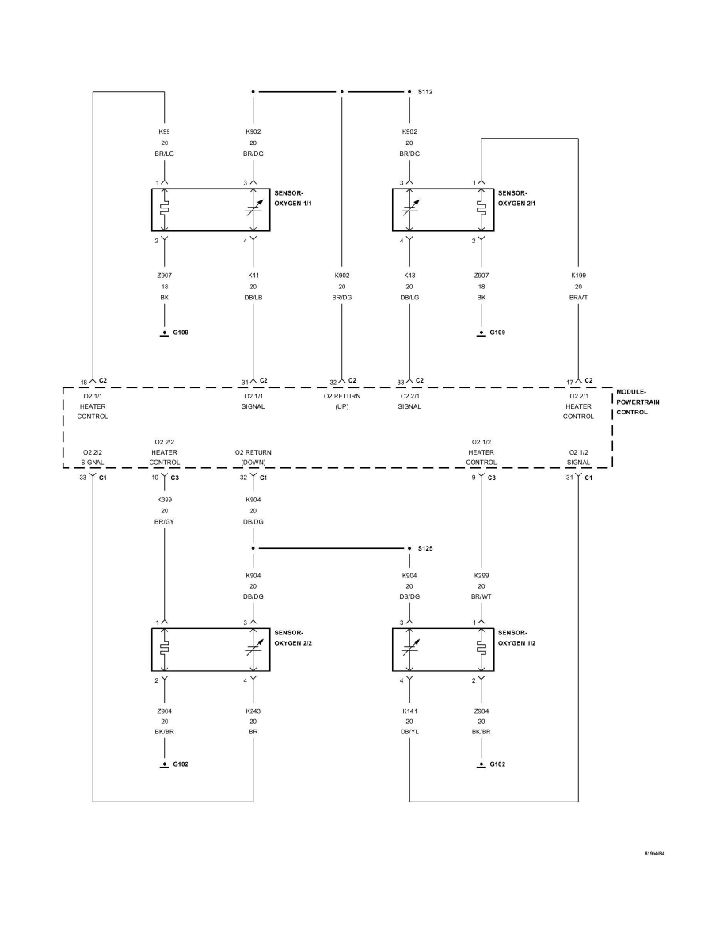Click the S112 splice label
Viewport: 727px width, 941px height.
pos(425,92)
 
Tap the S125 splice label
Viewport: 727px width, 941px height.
pos(425,548)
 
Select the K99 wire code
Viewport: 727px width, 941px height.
pos(165,131)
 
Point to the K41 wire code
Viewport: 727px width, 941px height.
pos(253,276)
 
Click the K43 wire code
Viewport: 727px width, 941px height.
pos(409,276)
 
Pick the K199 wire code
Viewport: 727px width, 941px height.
pos(578,276)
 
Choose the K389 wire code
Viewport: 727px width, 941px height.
pos(165,500)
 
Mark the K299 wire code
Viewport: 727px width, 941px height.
pos(481,576)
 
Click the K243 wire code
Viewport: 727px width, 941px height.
pos(253,711)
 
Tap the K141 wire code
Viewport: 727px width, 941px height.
pos(409,711)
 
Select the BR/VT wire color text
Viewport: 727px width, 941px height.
pos(578,298)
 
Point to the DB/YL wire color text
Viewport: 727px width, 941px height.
pos(409,733)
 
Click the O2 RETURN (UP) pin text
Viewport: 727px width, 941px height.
pos(342,401)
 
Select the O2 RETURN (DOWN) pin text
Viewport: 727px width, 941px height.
pos(253,457)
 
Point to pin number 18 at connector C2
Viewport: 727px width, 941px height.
pos(84,381)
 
